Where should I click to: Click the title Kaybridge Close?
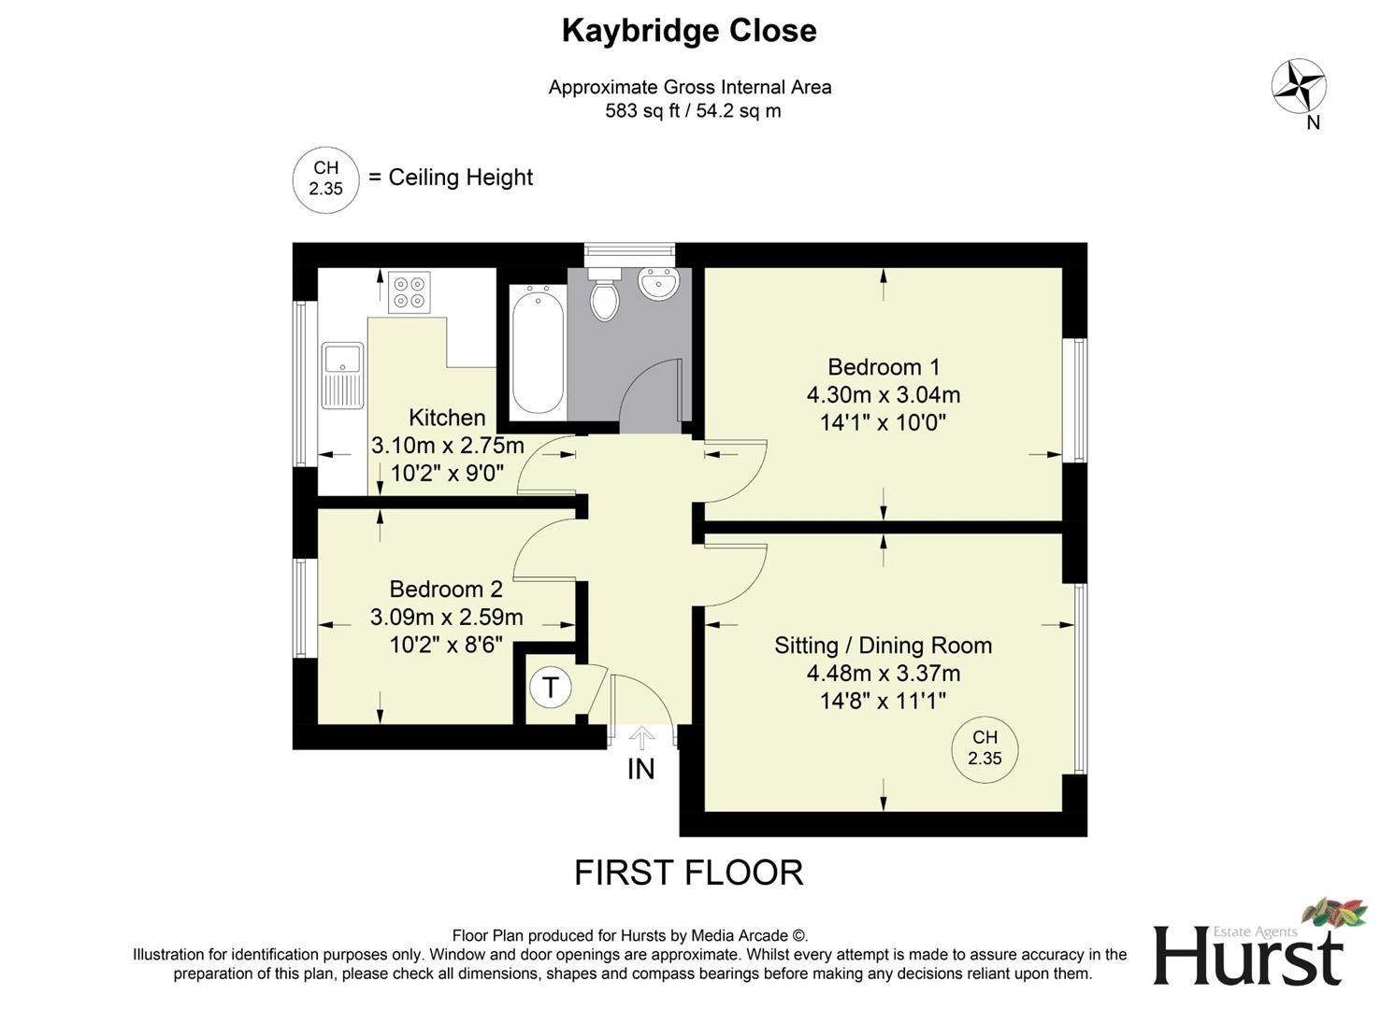[x=689, y=31]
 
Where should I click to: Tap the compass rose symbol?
[x=1299, y=87]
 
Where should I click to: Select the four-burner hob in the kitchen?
[x=410, y=291]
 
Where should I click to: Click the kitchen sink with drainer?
[x=342, y=376]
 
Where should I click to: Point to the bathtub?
[x=537, y=349]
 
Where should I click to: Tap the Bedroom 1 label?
[x=884, y=367]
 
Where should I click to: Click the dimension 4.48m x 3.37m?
[x=884, y=673]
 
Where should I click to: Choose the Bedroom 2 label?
[x=446, y=590]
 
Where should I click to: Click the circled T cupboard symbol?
[x=550, y=688]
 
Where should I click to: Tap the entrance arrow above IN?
[x=641, y=738]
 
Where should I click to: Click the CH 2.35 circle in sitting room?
[x=985, y=748]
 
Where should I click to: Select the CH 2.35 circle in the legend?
[x=326, y=179]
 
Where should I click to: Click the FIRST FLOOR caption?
[x=689, y=873]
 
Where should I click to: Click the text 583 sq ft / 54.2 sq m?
[x=693, y=111]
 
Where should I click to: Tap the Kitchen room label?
[x=447, y=418]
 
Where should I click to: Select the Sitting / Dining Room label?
[x=884, y=646]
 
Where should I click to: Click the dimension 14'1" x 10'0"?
[x=884, y=422]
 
